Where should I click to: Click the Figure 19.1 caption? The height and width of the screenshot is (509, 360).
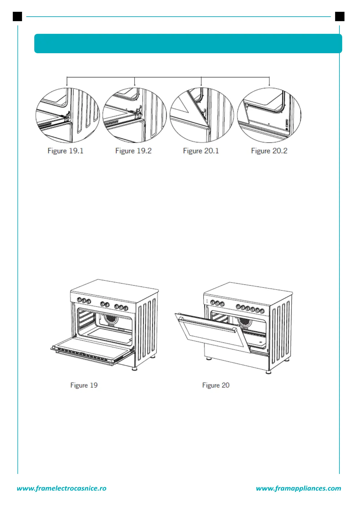click(65, 151)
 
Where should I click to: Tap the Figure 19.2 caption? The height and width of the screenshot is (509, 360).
click(133, 151)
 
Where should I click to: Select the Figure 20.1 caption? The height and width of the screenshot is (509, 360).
click(201, 151)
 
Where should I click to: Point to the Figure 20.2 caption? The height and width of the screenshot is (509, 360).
click(269, 151)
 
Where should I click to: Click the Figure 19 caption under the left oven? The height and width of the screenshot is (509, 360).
click(84, 385)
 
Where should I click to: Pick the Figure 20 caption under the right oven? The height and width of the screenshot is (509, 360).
click(216, 385)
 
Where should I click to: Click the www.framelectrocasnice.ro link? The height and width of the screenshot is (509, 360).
click(62, 488)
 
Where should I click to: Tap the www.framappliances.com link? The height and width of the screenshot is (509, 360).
click(298, 488)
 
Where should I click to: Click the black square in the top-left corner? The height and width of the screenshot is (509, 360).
click(18, 16)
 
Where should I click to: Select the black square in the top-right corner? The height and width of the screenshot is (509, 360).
click(340, 16)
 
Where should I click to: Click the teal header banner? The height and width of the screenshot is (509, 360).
click(188, 44)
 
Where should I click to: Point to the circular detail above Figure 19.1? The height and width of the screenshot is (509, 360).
click(68, 115)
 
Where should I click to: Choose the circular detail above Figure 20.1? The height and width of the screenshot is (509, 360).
click(202, 115)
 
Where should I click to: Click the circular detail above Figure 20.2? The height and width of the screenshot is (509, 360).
click(269, 115)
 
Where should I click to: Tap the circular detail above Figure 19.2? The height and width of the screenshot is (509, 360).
click(135, 115)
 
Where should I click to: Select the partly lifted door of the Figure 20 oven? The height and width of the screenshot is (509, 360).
click(212, 331)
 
